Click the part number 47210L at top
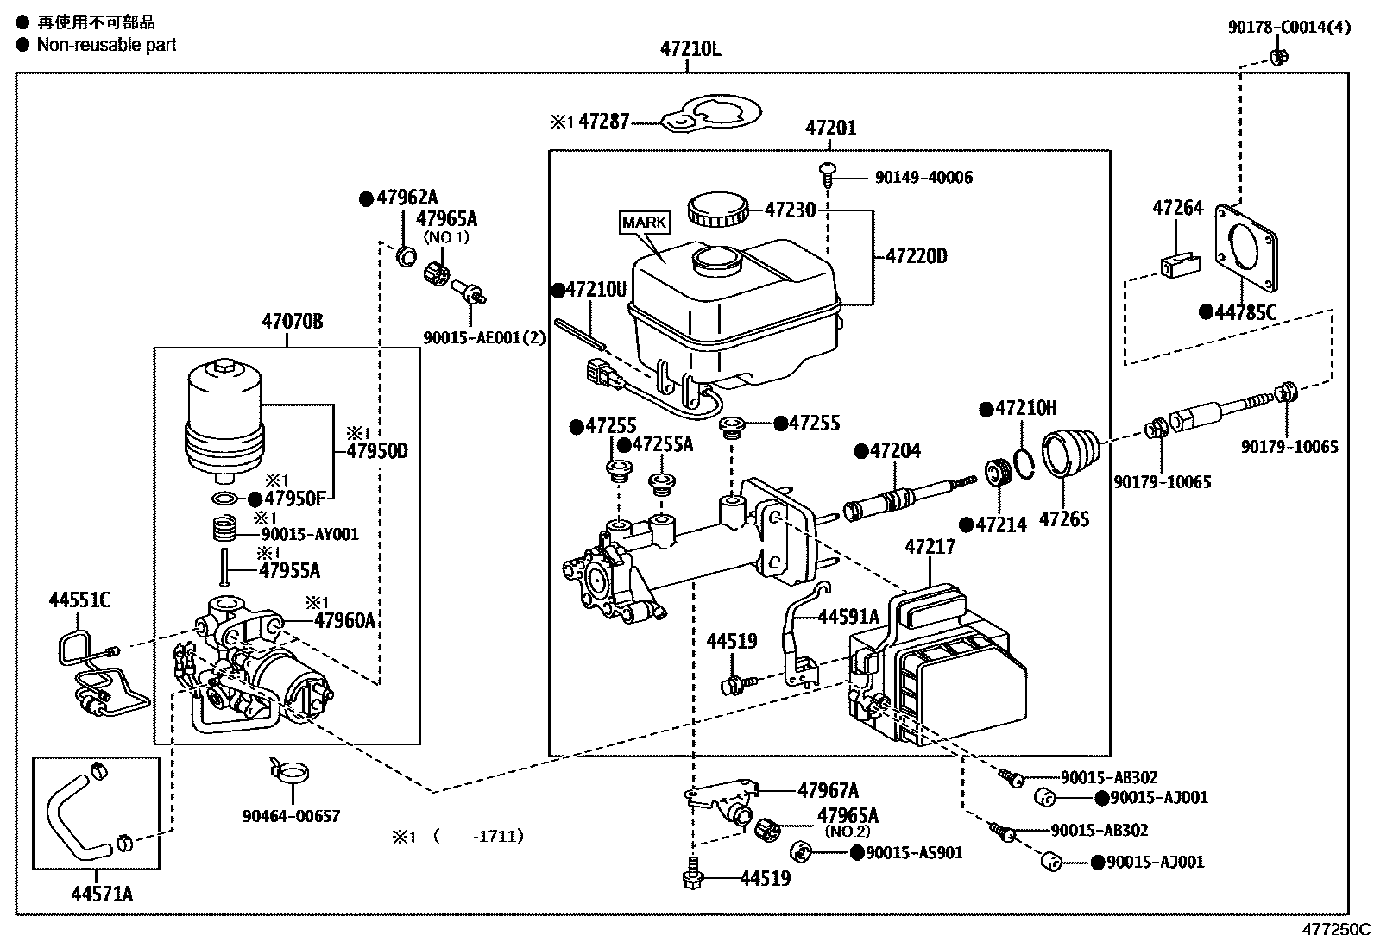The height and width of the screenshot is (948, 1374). pos(690,48)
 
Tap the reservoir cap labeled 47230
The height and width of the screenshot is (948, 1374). pos(714,210)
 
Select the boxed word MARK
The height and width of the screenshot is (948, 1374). pos(644,222)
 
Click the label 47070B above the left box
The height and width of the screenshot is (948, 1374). pos(292,322)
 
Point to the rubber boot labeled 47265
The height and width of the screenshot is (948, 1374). pos(1071,453)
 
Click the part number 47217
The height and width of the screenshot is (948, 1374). pos(930,547)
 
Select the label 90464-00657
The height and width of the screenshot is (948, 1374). pos(291,815)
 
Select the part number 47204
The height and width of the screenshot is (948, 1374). pos(894,450)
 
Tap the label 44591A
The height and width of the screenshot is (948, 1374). pos(848,616)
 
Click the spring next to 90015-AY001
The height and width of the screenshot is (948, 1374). pos(225,527)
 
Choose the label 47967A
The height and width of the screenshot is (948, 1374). pos(828,789)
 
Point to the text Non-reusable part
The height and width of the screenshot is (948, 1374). pos(106,45)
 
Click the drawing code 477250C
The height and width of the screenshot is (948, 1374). pos(1336,930)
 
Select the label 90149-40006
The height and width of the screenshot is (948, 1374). pos(923,177)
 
